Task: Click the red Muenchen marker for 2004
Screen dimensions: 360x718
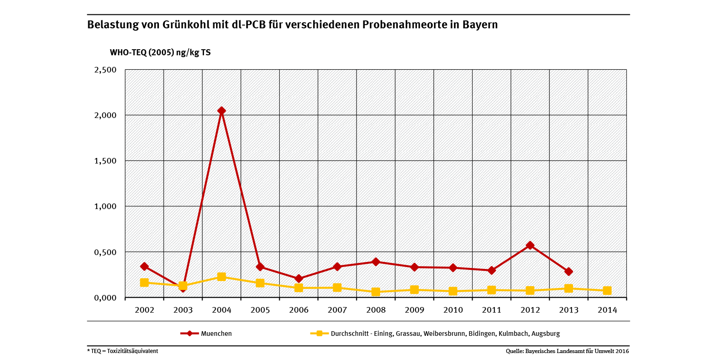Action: coord(221,111)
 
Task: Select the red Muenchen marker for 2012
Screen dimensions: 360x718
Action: coord(530,245)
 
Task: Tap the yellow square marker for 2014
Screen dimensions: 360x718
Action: coord(607,291)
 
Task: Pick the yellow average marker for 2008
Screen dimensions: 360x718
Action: coord(375,292)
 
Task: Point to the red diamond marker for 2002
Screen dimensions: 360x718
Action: coord(144,267)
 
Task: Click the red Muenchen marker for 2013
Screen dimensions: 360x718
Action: coord(568,271)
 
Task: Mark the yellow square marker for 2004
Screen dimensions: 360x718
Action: coord(221,277)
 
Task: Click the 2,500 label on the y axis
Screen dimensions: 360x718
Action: coord(105,70)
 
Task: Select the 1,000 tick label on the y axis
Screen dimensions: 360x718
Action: coord(105,206)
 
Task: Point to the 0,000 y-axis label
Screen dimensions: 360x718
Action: coord(105,297)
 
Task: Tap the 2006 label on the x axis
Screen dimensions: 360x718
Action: coord(298,310)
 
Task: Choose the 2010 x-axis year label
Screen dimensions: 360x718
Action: coord(453,310)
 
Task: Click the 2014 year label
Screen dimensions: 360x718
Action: coord(607,310)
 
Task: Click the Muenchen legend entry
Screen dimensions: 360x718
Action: coord(216,334)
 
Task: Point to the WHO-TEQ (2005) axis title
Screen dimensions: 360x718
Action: coord(160,52)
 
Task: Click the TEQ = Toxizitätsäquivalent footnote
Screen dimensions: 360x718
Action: coord(123,351)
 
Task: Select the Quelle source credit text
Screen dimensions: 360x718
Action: coord(567,351)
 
